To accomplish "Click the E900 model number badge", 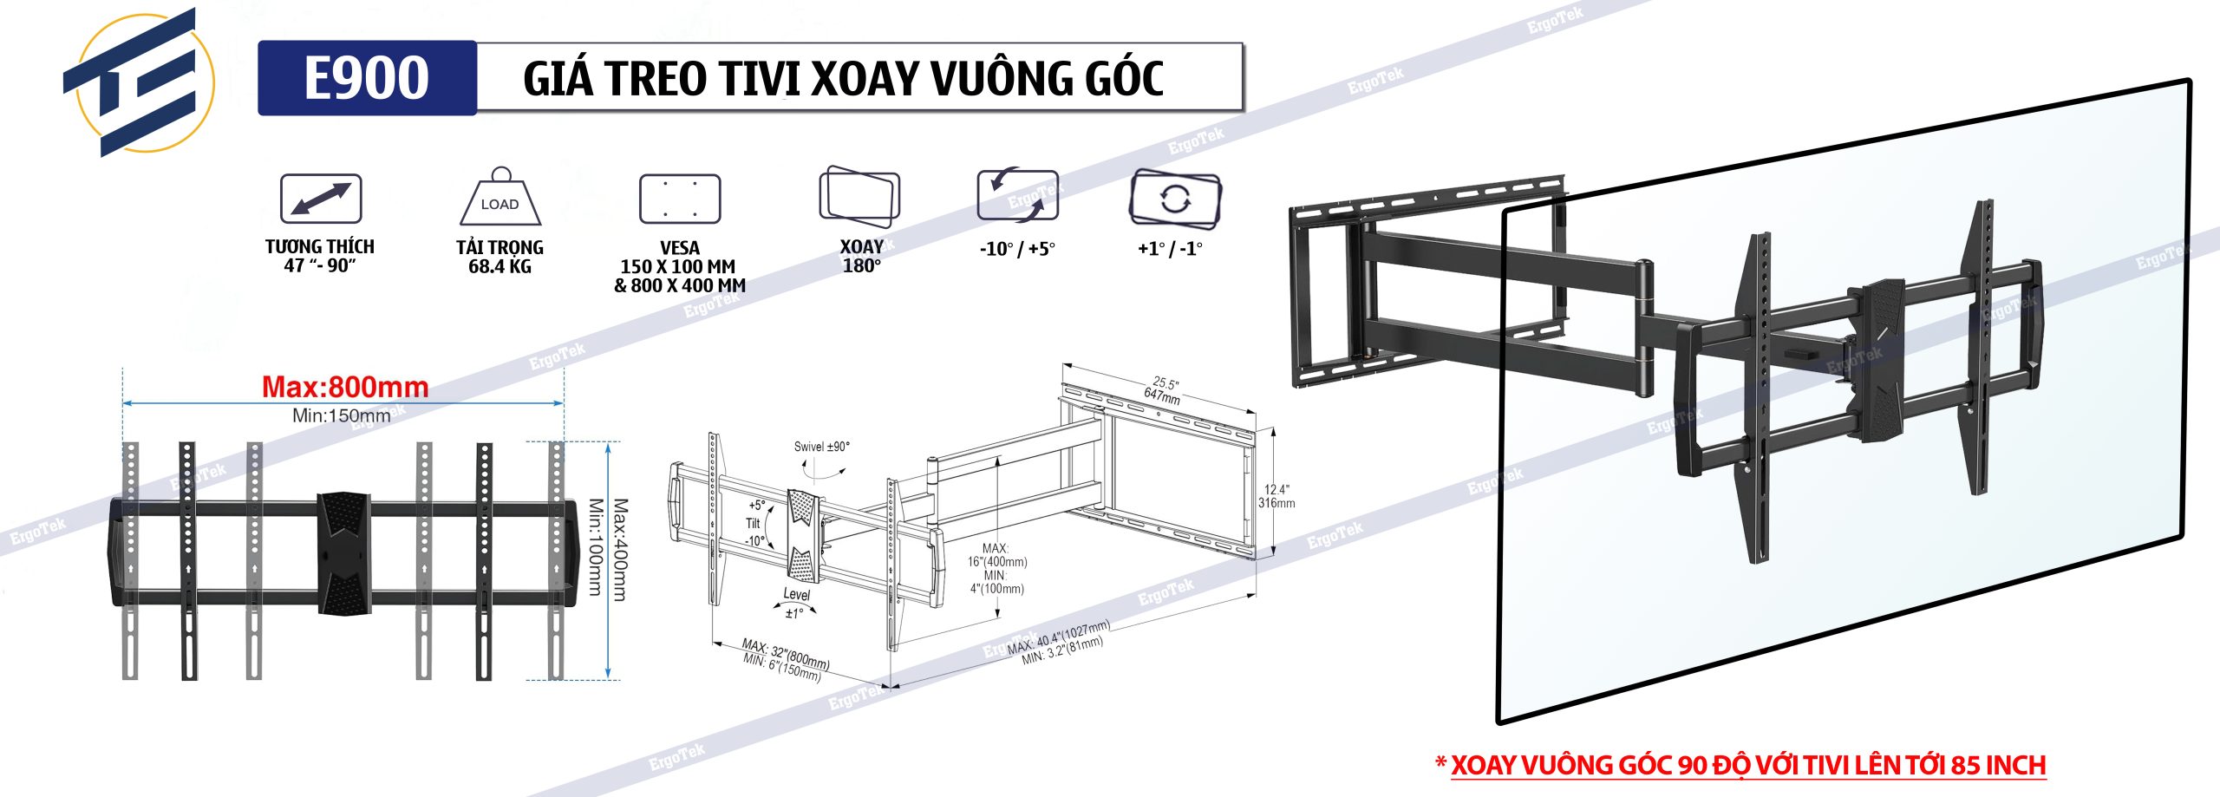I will click(367, 78).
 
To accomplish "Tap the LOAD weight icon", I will click(499, 199).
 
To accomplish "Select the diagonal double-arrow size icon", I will click(320, 199).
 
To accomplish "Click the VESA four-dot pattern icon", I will click(680, 199).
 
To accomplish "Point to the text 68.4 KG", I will click(499, 267).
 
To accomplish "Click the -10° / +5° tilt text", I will click(1017, 250).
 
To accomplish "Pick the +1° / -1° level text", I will click(1170, 250).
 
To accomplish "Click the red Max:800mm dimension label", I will click(345, 387).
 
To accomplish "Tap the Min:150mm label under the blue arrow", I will click(341, 415).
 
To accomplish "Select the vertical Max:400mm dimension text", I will click(620, 549).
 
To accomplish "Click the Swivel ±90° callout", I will click(821, 447).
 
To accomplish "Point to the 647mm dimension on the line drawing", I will click(1161, 397).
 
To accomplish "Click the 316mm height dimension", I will click(1276, 503).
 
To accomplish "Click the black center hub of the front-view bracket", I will click(343, 553).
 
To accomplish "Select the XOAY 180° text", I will click(861, 257).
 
